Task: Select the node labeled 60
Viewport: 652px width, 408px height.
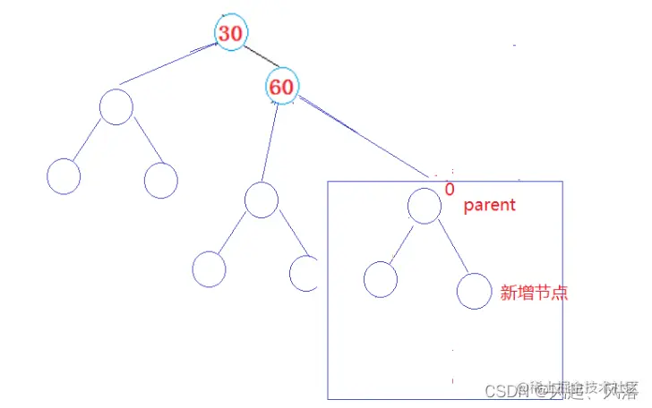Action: click(x=281, y=87)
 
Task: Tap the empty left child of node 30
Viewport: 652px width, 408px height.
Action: click(x=116, y=106)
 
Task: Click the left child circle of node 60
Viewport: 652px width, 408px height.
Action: click(x=262, y=200)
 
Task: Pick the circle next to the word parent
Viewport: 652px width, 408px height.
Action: click(x=424, y=205)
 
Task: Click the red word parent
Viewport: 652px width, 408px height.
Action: click(x=489, y=205)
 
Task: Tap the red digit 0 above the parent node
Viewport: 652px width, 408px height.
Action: click(x=450, y=190)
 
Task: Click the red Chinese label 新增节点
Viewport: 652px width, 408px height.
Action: click(x=533, y=293)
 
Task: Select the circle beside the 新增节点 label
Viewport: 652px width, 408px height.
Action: click(x=474, y=292)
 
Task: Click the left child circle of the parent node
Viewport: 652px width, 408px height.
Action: click(x=381, y=279)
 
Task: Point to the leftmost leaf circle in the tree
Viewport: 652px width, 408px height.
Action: click(x=63, y=175)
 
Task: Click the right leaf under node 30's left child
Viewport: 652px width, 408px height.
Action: click(x=160, y=180)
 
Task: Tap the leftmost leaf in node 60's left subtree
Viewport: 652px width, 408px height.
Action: click(x=210, y=268)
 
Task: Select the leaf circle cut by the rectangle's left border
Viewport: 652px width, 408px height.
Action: click(x=305, y=274)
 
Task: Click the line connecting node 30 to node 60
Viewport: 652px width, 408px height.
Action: click(x=256, y=58)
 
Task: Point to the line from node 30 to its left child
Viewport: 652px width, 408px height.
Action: click(x=170, y=64)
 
